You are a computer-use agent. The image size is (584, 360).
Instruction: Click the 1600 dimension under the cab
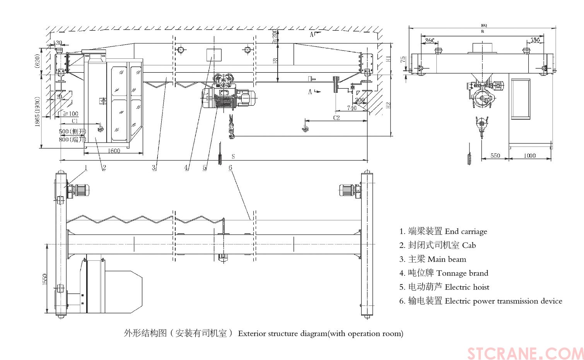(114, 151)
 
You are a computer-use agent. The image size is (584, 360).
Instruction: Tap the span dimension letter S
(233, 157)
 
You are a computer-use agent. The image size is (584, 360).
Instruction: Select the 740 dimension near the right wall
(352, 108)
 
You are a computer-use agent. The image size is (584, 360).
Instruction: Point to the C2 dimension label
(336, 118)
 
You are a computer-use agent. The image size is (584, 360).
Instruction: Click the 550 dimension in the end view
(495, 155)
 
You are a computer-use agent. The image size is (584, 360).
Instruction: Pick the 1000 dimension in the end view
(529, 155)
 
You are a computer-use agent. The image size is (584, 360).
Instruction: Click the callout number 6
(231, 167)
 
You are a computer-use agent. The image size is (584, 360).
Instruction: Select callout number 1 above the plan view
(86, 167)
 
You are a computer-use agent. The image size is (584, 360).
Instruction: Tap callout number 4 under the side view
(186, 167)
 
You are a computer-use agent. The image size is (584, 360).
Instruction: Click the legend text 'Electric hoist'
(467, 287)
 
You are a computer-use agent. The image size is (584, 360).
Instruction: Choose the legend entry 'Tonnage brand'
(462, 273)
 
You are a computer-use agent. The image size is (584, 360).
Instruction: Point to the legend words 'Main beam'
(447, 259)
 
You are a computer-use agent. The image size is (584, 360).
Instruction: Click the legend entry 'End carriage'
(466, 232)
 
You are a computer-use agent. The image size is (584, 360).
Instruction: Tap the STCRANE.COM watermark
(525, 353)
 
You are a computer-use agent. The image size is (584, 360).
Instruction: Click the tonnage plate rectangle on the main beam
(214, 55)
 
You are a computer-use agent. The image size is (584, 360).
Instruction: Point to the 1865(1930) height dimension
(38, 112)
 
